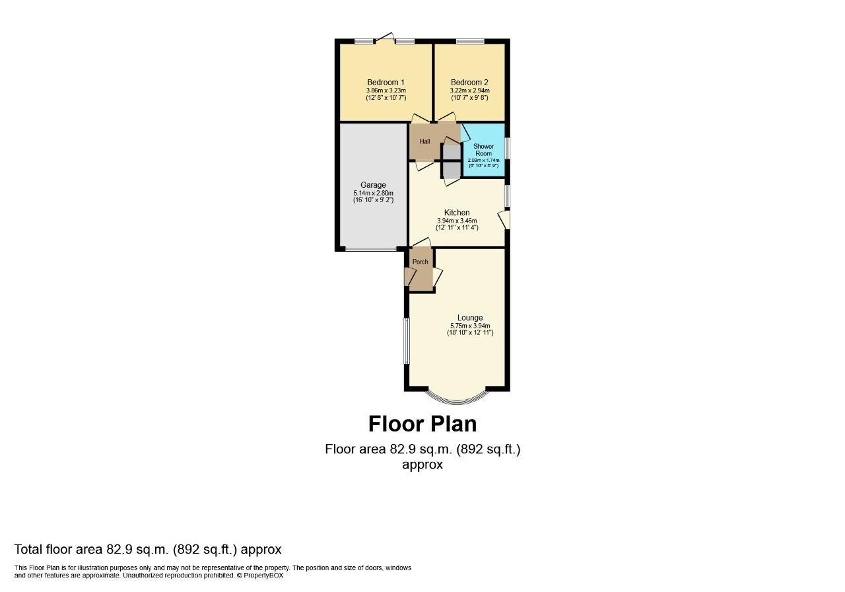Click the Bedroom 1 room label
coord(386,82)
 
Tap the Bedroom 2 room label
coord(469,82)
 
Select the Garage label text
coord(373,185)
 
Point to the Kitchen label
coord(457,213)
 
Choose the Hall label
coord(424,142)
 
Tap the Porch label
coord(420,262)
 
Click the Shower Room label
coord(483,149)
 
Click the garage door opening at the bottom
coord(370,250)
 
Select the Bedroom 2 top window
coord(469,42)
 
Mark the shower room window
coord(507,148)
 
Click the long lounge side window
coord(407,340)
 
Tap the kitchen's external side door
coord(506,219)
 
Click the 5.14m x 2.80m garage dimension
coord(373,193)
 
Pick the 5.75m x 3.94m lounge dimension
coord(469,326)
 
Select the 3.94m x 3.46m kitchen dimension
coord(457,221)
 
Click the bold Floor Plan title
coord(422,423)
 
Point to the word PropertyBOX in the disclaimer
coord(264,575)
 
